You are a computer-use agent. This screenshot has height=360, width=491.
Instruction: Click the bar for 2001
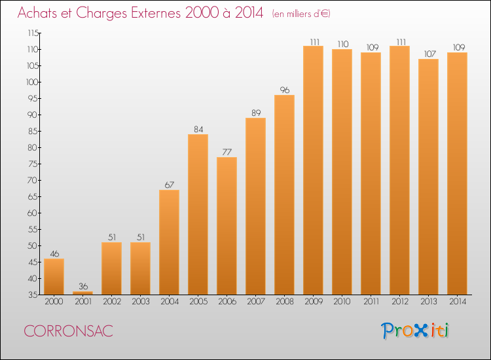pyautogui.click(x=82, y=293)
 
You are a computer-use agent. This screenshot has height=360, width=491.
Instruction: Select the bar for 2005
pyautogui.click(x=198, y=215)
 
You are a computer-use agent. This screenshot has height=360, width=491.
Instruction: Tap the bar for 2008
pyautogui.click(x=284, y=194)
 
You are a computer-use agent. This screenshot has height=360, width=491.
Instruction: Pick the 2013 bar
pyautogui.click(x=428, y=177)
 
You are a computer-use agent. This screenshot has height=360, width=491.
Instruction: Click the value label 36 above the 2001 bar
pyautogui.click(x=83, y=286)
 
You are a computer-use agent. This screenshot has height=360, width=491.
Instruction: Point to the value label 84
pyautogui.click(x=198, y=129)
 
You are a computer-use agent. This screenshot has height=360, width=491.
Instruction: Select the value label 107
pyautogui.click(x=429, y=54)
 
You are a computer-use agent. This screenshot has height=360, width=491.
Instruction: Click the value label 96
pyautogui.click(x=285, y=90)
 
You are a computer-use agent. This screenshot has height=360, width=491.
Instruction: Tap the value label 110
pyautogui.click(x=343, y=44)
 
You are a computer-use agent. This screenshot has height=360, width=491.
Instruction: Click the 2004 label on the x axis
pyautogui.click(x=170, y=301)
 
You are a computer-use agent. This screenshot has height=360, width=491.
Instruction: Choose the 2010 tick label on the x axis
pyautogui.click(x=342, y=301)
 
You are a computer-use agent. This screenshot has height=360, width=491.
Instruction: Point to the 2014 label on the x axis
pyautogui.click(x=458, y=301)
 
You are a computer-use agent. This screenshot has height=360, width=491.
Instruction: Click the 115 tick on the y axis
pyautogui.click(x=33, y=33)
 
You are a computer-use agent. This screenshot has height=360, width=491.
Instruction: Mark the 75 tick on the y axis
pyautogui.click(x=33, y=164)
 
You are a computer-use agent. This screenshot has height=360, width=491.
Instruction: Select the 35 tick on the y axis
pyautogui.click(x=33, y=295)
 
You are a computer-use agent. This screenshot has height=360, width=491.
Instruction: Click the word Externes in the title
pyautogui.click(x=156, y=12)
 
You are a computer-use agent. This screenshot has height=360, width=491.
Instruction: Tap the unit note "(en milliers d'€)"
pyautogui.click(x=301, y=14)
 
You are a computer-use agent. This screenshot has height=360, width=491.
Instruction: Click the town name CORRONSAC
pyautogui.click(x=68, y=331)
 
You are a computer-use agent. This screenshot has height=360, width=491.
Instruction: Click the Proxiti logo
pyautogui.click(x=414, y=331)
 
